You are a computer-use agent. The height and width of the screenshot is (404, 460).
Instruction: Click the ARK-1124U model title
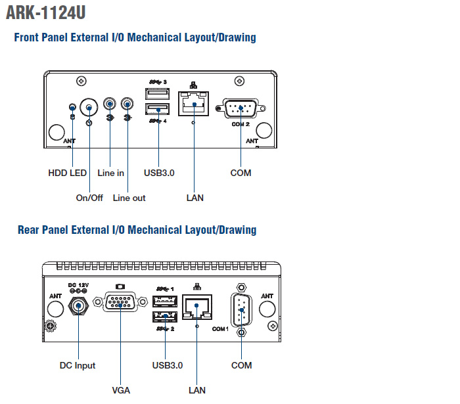[45, 12]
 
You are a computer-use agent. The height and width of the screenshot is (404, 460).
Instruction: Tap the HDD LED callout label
[68, 173]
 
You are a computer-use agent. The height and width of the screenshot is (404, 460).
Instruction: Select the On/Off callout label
[90, 198]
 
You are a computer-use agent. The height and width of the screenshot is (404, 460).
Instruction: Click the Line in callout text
[110, 173]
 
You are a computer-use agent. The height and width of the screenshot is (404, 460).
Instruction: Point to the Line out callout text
[129, 198]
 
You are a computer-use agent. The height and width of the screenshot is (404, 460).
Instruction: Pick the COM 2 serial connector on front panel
[241, 108]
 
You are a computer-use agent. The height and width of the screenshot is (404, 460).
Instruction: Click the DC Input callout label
[78, 365]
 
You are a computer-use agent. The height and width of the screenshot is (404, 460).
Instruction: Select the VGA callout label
[121, 390]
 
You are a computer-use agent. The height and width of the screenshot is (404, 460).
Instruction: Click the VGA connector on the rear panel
[121, 304]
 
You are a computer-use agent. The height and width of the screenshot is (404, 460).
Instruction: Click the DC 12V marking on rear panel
[78, 283]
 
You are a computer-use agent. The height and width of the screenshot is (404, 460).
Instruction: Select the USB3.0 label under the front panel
[159, 173]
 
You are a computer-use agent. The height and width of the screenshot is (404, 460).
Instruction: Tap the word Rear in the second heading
[30, 229]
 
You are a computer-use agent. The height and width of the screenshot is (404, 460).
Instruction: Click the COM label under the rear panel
[241, 365]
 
